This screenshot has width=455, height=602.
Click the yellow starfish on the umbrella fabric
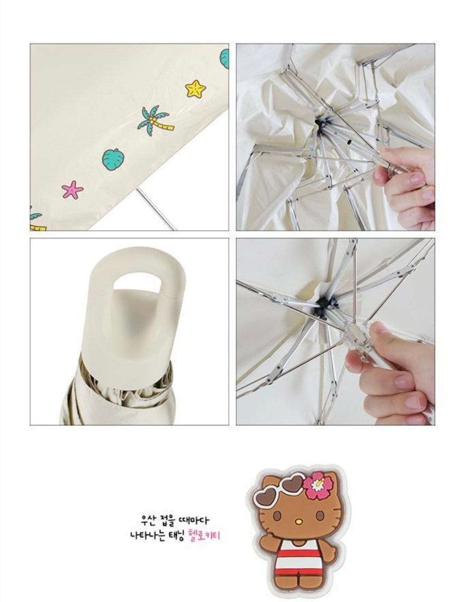coord(195,88)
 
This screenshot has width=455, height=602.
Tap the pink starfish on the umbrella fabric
coord(73,189)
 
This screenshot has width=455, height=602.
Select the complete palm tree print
coord(155,120)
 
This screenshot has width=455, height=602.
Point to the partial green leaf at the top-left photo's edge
coord(224,59)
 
